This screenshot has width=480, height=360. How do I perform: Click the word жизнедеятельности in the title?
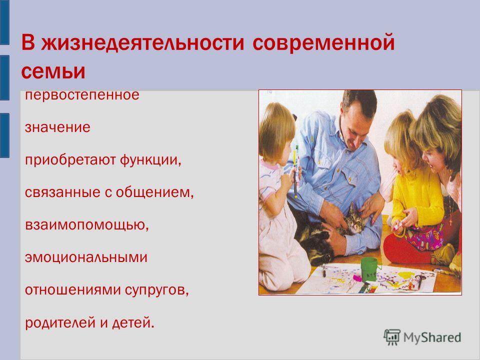tap(142, 42)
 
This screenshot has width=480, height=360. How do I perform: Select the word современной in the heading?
tap(323, 42)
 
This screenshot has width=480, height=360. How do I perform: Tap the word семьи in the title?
tap(53, 71)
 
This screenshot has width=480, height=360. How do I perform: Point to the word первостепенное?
tap(82, 95)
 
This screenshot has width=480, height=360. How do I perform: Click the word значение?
tap(57, 127)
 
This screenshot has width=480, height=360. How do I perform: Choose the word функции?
tap(150, 160)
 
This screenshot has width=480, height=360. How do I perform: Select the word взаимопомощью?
tap(87, 225)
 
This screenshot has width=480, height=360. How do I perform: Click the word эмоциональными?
tap(86, 257)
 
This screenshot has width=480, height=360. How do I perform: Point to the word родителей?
tap(60, 322)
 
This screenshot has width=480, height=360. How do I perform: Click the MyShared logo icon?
tap(392, 337)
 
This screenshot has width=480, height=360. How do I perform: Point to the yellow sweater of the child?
tap(416, 196)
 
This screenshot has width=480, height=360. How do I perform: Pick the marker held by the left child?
tap(295, 171)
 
